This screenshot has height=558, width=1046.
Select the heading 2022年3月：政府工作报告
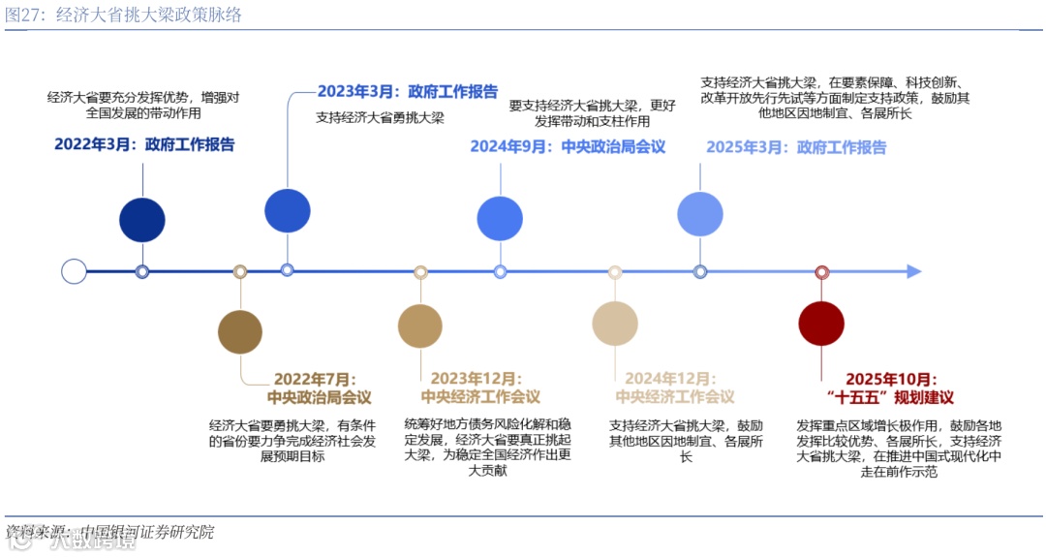(144, 145)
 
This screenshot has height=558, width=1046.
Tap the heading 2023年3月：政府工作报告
(408, 92)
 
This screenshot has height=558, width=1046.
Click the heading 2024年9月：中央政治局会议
(568, 147)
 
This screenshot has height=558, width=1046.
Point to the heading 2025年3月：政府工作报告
(796, 147)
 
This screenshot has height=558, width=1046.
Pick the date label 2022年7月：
(315, 379)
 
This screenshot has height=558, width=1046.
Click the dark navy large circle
(142, 219)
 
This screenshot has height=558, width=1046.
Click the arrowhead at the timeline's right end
(913, 272)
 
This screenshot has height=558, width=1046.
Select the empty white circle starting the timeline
(74, 271)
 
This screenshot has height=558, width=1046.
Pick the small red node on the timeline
(822, 272)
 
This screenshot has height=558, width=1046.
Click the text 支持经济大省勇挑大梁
(380, 118)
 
